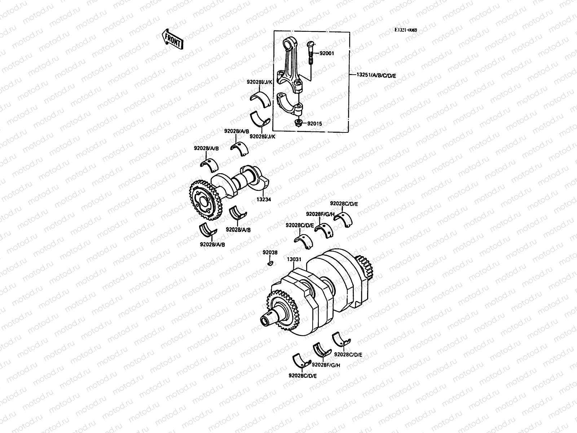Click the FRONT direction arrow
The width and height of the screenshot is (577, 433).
click(x=173, y=39)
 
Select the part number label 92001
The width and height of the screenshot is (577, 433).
click(x=327, y=53)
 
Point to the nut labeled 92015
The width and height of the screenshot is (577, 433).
click(x=298, y=123)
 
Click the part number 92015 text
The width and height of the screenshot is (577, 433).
click(x=314, y=123)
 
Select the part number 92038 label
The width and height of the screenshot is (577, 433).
click(x=270, y=253)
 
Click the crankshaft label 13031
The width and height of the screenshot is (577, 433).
click(x=294, y=259)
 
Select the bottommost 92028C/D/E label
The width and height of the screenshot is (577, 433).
click(x=303, y=376)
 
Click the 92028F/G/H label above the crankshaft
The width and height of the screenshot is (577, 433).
click(x=320, y=214)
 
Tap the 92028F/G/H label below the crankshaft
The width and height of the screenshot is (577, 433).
click(x=326, y=365)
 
